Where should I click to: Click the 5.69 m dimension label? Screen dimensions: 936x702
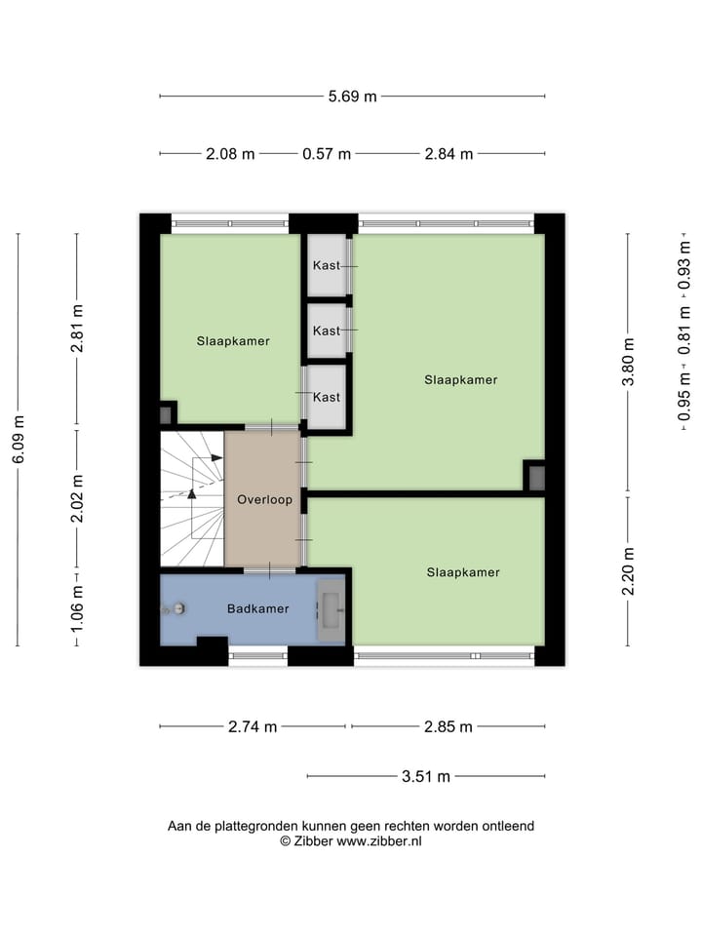352,96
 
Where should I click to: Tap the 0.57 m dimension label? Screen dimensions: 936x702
327,154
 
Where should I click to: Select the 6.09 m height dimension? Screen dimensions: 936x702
18,441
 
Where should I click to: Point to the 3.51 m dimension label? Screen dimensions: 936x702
426,776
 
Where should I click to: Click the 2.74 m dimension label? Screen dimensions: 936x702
252,726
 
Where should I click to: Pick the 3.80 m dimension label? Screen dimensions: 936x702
629,362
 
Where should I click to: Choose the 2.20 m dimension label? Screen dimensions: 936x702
629,571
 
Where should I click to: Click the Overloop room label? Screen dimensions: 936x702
264,499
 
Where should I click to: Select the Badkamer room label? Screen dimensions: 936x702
257,608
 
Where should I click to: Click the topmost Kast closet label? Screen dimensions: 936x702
327,265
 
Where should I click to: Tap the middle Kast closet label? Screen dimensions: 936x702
327,331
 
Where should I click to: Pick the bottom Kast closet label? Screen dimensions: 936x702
327,397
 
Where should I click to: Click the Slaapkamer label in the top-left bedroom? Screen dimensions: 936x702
233,341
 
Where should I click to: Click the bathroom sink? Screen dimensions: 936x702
331,609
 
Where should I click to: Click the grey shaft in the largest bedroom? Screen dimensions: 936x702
536,478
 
